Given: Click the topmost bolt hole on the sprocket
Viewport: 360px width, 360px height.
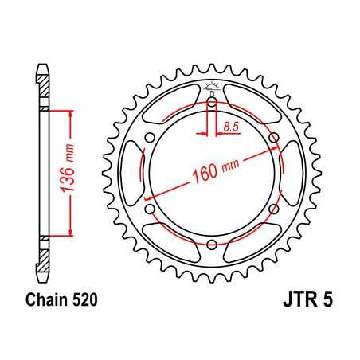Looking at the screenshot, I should pyautogui.click(x=212, y=102).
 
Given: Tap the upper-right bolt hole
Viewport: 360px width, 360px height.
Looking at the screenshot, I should pyautogui.click(x=273, y=138).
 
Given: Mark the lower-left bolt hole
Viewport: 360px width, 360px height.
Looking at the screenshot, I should pyautogui.click(x=150, y=209).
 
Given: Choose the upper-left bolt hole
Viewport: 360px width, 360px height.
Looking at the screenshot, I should pyautogui.click(x=150, y=138).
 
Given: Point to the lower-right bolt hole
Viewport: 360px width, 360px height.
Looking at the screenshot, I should pyautogui.click(x=273, y=209).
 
